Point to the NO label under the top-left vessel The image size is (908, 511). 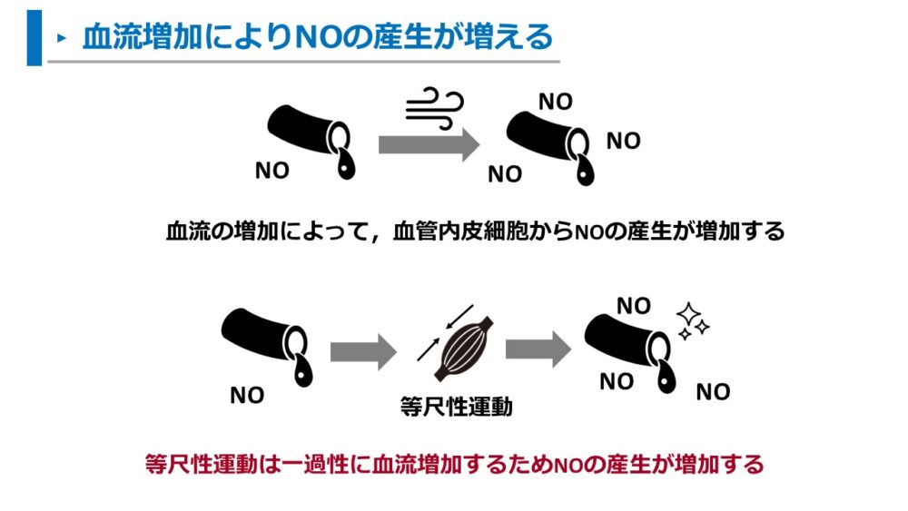click(271, 171)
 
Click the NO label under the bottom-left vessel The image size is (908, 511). click(247, 396)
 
